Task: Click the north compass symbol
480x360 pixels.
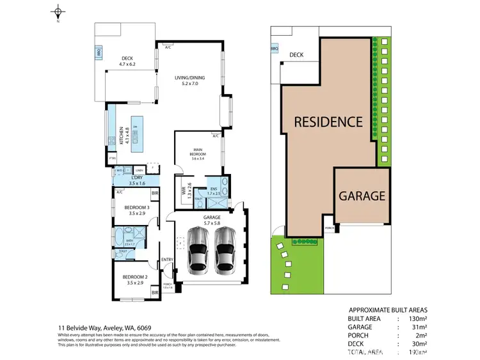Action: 58,12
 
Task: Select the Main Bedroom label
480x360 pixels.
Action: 196,154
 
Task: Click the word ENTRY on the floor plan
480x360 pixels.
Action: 167,259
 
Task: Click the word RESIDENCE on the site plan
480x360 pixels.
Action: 328,121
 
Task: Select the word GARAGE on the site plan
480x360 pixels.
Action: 362,196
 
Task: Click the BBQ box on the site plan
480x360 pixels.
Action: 275,49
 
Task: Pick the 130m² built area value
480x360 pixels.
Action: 419,318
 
